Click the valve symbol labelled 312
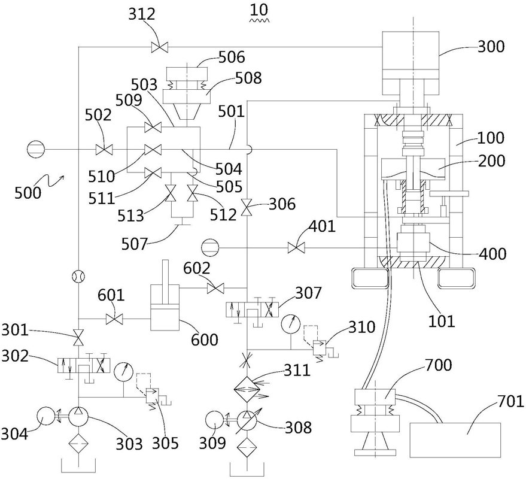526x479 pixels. (160, 47)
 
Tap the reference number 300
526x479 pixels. (491, 46)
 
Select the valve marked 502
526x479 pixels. (104, 149)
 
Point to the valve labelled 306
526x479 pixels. (247, 207)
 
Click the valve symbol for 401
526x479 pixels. (297, 248)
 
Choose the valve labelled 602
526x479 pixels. (215, 288)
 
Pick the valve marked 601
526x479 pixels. (114, 319)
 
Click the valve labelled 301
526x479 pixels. (78, 338)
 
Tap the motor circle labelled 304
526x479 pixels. (45, 417)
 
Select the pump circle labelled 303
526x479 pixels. (78, 417)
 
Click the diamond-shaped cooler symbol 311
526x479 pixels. (247, 389)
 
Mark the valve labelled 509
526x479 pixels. (153, 128)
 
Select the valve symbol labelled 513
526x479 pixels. (171, 193)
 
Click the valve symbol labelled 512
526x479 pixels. (193, 193)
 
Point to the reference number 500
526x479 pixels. (28, 193)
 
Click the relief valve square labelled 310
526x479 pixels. (318, 347)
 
